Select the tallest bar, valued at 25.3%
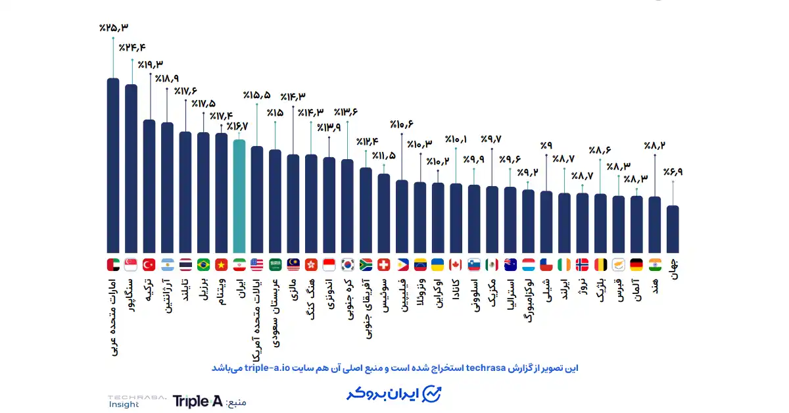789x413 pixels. [113, 164]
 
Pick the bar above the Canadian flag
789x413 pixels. [456, 217]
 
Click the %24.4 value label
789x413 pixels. [132, 47]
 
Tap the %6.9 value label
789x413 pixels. [673, 172]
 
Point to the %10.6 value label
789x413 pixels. [401, 124]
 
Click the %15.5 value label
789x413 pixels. [256, 95]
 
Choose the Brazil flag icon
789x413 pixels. [203, 264]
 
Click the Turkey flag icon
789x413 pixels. [149, 264]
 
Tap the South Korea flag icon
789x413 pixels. [348, 264]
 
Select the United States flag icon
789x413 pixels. [257, 264]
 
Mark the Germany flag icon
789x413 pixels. [636, 264]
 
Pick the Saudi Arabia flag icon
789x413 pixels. [275, 264]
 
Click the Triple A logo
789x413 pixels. [197, 401]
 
